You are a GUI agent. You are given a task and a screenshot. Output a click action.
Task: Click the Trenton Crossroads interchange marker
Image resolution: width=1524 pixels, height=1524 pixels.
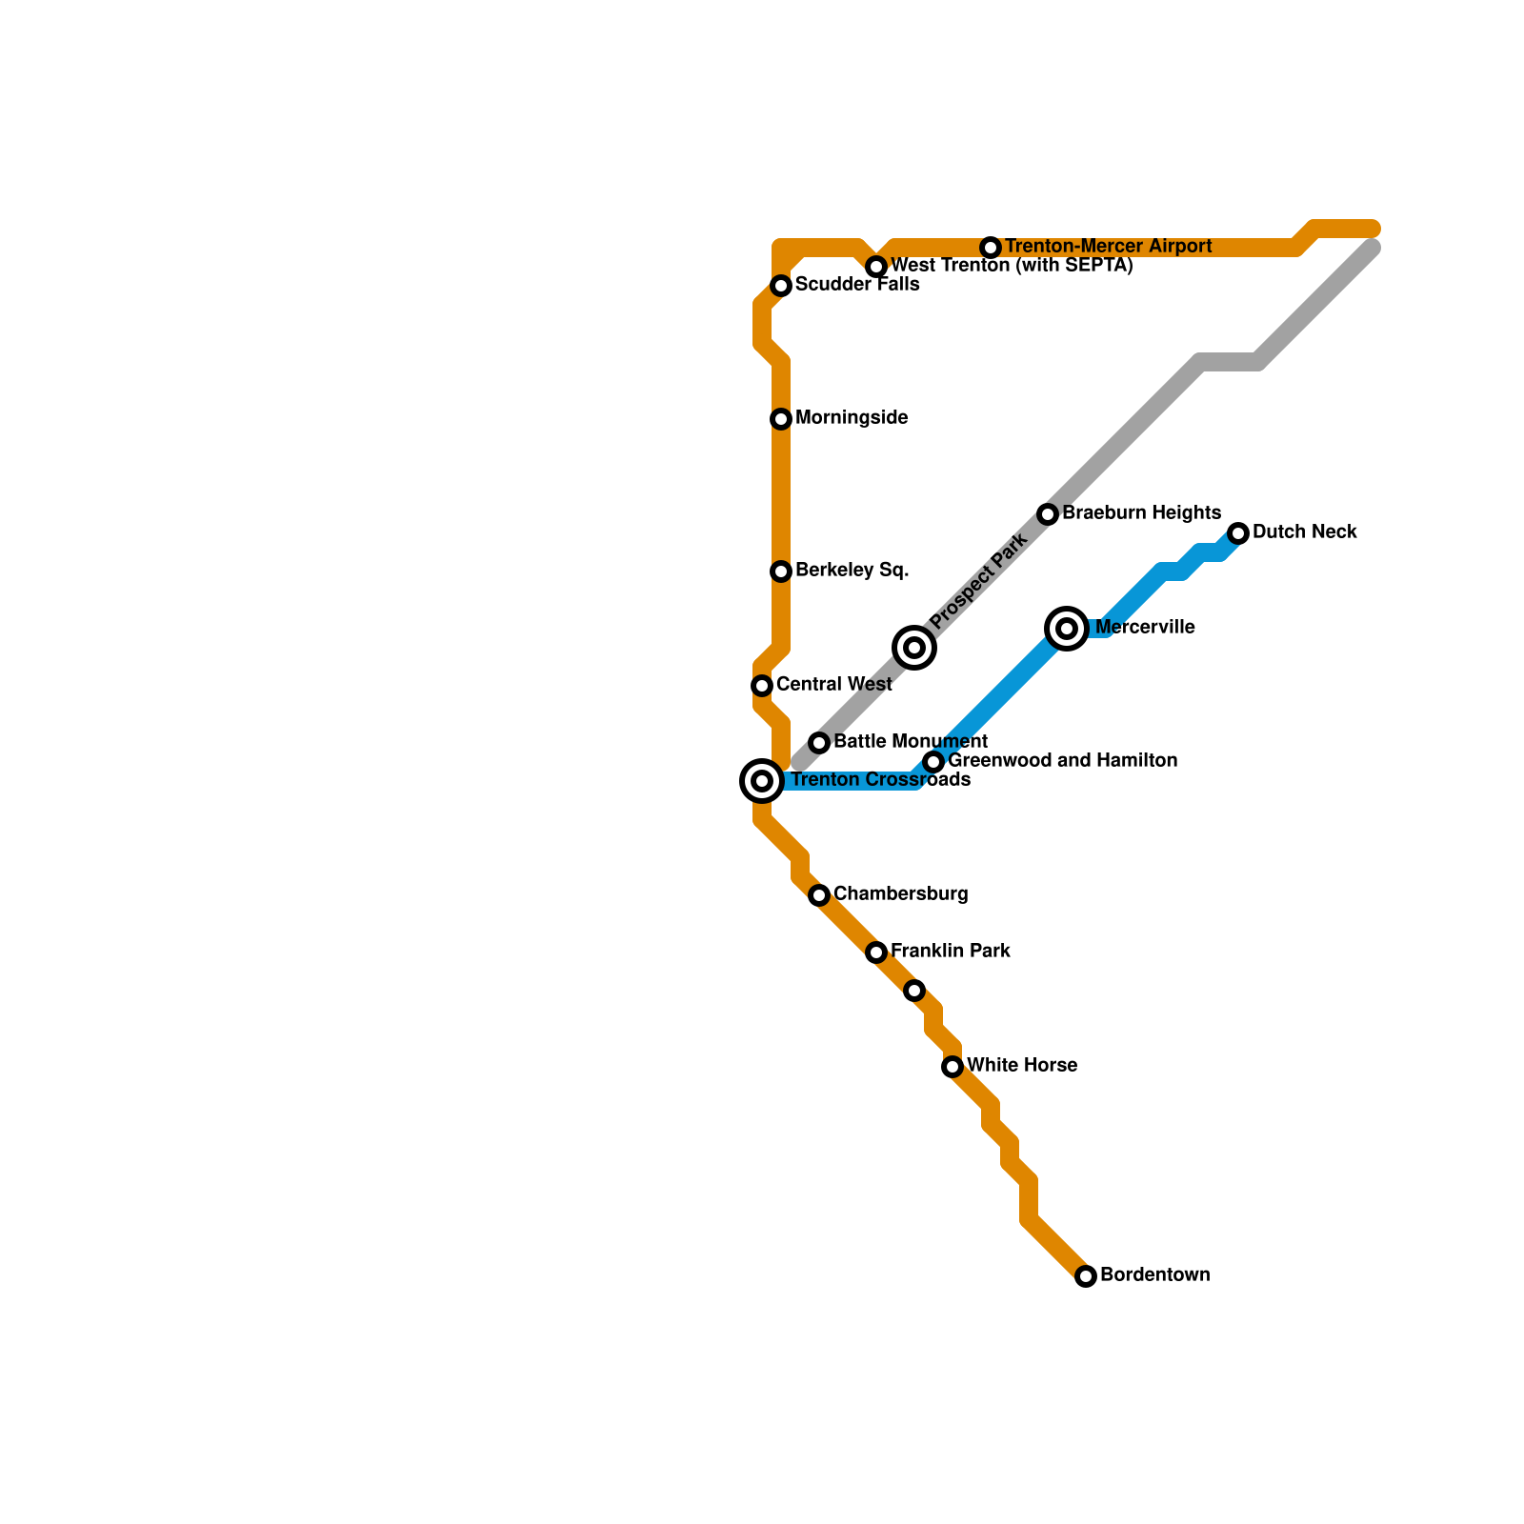click(x=762, y=781)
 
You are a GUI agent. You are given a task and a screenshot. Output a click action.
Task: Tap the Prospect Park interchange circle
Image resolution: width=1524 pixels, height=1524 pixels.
click(x=914, y=648)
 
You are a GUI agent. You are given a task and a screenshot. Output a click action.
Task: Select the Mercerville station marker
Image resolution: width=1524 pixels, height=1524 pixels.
click(x=1067, y=629)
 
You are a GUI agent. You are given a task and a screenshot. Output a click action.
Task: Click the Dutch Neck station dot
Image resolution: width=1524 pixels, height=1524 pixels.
click(x=1238, y=533)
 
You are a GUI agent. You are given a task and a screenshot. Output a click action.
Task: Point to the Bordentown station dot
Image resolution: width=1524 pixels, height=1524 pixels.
click(x=1086, y=1276)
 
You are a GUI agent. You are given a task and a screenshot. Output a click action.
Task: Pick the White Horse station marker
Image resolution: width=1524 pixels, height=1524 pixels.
click(x=952, y=1067)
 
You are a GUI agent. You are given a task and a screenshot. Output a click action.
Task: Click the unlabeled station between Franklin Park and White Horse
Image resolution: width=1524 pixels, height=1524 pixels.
click(x=914, y=991)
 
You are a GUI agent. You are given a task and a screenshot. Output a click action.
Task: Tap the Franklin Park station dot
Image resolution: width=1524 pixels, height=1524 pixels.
click(x=876, y=952)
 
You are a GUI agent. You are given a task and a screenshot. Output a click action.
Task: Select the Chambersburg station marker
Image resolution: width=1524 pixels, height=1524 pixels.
click(x=819, y=895)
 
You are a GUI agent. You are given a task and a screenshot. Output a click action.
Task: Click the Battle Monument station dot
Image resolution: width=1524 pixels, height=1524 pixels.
click(x=819, y=743)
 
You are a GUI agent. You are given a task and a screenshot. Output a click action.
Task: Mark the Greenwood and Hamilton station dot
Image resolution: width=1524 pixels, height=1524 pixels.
click(x=933, y=762)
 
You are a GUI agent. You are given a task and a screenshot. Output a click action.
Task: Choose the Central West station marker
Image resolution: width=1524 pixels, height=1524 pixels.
click(x=762, y=686)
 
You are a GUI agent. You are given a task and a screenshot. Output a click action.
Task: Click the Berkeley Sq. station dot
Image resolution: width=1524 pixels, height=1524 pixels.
click(x=781, y=571)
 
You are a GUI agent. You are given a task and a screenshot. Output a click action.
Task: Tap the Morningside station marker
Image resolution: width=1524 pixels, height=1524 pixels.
click(x=781, y=419)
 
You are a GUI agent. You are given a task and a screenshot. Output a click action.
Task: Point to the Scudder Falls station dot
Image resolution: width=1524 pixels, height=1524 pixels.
click(x=781, y=286)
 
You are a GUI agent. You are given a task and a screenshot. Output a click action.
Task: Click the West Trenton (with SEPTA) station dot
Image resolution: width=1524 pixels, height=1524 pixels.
click(x=876, y=267)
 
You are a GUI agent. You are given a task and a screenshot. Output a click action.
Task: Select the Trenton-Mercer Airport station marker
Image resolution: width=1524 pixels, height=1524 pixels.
click(x=991, y=248)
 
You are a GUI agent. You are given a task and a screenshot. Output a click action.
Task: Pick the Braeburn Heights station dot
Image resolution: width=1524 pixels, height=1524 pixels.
click(x=1048, y=514)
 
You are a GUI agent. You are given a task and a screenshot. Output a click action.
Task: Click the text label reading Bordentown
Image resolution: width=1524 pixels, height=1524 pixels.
click(x=1154, y=1274)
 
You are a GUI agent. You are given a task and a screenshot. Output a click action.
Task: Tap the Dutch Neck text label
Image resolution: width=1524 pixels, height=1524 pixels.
click(x=1304, y=531)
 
